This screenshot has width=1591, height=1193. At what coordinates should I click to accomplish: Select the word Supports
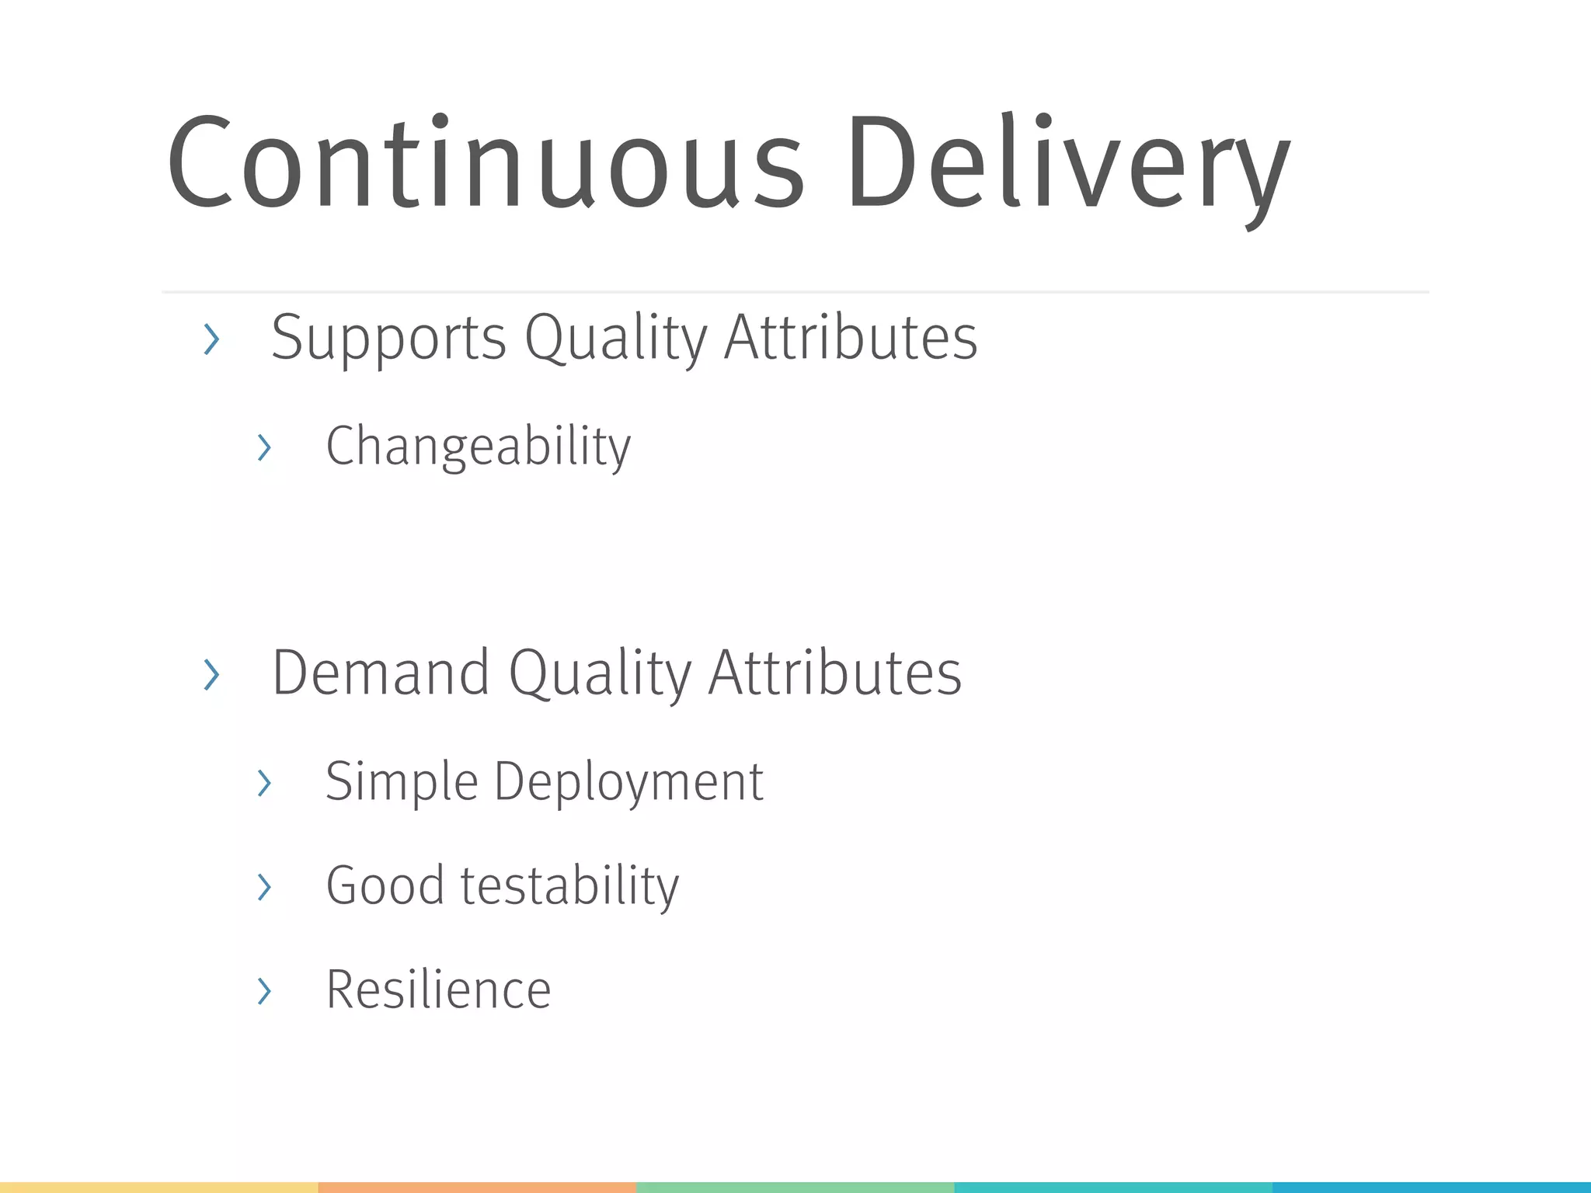[x=388, y=339]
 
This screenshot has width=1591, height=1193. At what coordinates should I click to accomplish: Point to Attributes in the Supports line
[x=851, y=338]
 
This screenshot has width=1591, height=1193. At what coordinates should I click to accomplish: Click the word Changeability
[x=478, y=447]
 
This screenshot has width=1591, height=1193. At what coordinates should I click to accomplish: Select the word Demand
[x=381, y=673]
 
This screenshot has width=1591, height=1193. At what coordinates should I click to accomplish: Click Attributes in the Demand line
[x=835, y=673]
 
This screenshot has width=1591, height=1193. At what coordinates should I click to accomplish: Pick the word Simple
[x=401, y=782]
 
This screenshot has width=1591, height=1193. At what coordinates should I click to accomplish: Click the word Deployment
[x=629, y=782]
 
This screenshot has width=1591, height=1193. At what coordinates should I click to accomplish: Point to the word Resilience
[x=438, y=990]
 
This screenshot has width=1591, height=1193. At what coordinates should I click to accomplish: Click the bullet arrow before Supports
[x=211, y=339]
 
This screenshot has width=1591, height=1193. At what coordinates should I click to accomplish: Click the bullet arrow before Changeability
[x=264, y=448]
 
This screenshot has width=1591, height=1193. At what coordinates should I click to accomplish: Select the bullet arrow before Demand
[x=211, y=674]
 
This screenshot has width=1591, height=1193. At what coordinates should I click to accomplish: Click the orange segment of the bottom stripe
[x=477, y=1188]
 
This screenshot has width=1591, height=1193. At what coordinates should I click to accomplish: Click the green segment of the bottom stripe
[x=795, y=1188]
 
